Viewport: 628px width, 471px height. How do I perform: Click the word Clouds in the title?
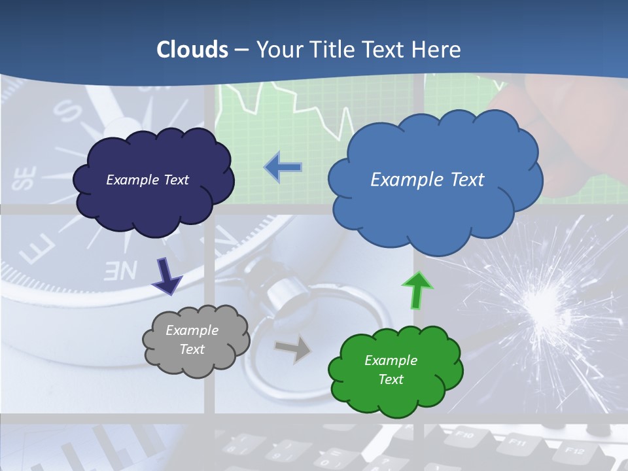(x=192, y=50)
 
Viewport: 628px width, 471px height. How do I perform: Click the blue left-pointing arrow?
(x=283, y=167)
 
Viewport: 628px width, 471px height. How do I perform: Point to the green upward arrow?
(x=417, y=290)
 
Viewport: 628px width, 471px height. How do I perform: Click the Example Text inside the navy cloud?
(x=148, y=180)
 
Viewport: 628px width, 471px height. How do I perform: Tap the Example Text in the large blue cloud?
(x=427, y=180)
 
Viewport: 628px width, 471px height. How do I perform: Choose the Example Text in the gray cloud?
(x=192, y=340)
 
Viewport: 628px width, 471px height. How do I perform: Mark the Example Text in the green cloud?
(x=391, y=370)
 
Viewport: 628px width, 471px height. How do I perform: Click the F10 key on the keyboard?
(x=464, y=434)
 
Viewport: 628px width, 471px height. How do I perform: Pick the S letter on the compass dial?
(x=67, y=111)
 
